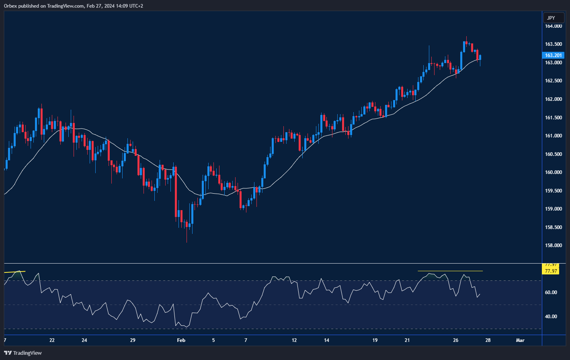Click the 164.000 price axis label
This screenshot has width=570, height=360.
tap(553, 26)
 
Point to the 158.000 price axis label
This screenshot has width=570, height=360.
tap(553, 245)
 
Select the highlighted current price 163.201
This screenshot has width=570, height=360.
tap(553, 55)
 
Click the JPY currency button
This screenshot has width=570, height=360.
tap(551, 18)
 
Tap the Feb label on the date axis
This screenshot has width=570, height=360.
tap(181, 340)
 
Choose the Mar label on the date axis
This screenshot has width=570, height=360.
tap(520, 340)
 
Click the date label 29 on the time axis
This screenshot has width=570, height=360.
tap(133, 340)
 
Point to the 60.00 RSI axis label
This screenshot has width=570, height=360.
tap(551, 292)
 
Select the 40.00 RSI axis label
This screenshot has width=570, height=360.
tap(551, 317)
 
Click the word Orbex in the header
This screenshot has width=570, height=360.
tap(10, 6)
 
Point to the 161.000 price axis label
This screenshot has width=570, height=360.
tap(553, 136)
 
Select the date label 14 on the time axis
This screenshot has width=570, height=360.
tap(326, 340)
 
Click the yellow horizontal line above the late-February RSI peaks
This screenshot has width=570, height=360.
tap(450, 271)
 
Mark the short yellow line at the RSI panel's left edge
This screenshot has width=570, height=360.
tap(14, 272)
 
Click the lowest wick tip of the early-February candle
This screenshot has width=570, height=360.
tap(187, 242)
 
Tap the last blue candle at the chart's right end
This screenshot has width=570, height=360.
tap(480, 58)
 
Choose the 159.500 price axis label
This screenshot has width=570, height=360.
tap(553, 191)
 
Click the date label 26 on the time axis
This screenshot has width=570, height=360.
tap(455, 340)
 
